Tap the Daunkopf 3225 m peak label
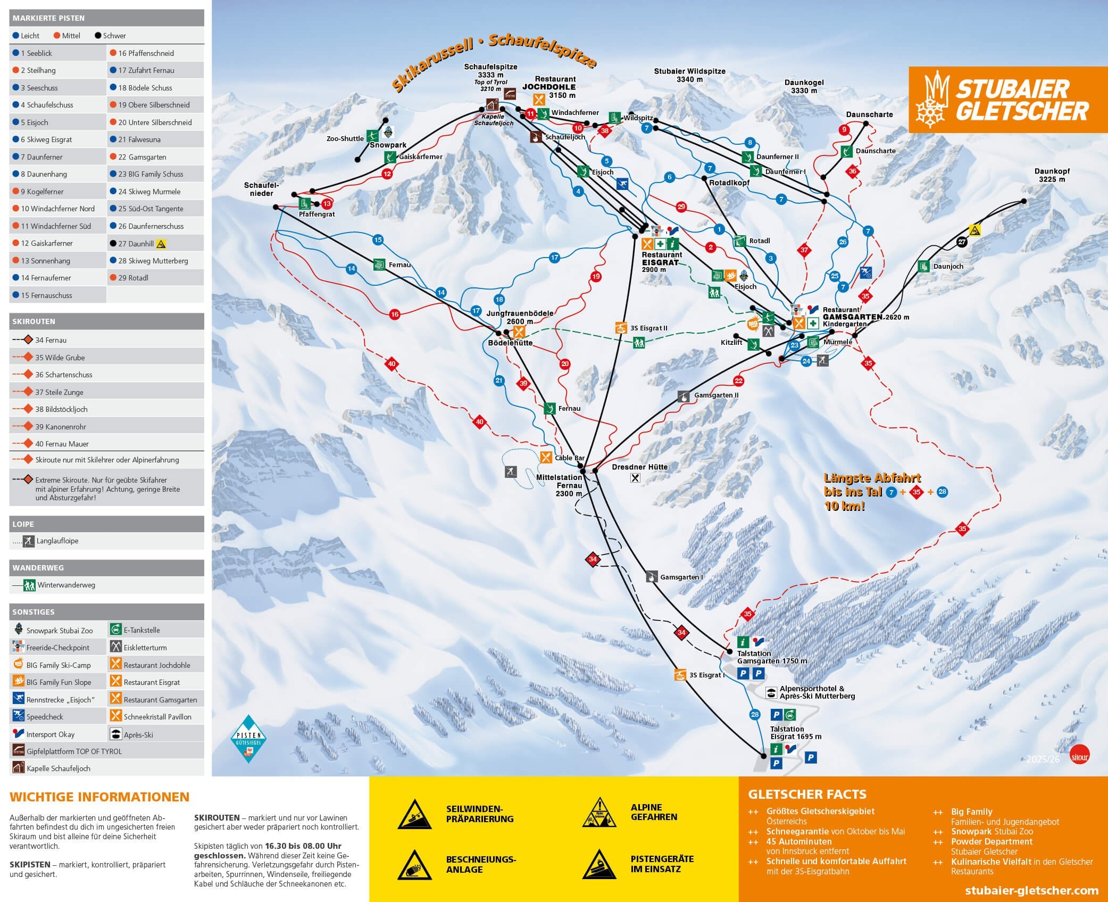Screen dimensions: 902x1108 (x=1052, y=175)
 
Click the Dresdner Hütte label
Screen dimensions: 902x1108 (x=639, y=467)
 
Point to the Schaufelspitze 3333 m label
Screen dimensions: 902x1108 (x=490, y=71)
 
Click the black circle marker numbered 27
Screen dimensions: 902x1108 (x=961, y=242)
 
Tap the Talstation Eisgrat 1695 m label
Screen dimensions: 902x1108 (x=795, y=733)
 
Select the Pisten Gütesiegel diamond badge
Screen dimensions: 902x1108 (x=248, y=738)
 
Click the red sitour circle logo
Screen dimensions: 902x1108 (x=1079, y=756)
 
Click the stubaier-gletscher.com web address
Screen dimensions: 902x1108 (x=1031, y=890)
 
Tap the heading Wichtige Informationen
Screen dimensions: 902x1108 (x=99, y=797)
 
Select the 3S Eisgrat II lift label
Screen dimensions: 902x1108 (x=648, y=328)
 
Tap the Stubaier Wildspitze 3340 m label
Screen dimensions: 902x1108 (x=689, y=75)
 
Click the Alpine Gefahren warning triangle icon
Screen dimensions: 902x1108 (x=599, y=813)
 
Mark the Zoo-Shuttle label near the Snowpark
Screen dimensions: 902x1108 (x=345, y=138)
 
